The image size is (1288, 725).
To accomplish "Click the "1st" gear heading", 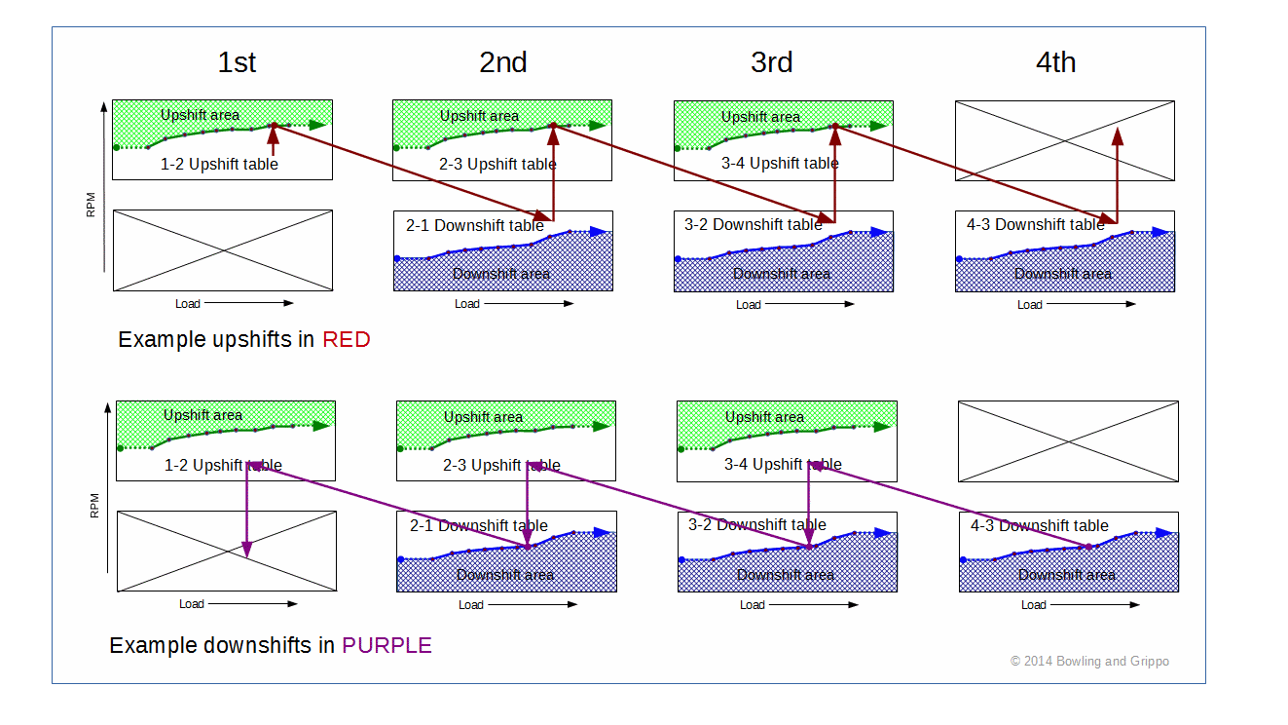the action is pos(237,62).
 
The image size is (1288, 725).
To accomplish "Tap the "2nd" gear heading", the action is pos(503,62).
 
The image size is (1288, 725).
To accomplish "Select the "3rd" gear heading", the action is pos(772,62).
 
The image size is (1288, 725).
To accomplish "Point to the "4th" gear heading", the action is pos(1055,62).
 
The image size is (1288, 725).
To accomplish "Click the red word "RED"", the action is pos(347,339).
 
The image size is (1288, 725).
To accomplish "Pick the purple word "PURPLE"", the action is pos(386,646).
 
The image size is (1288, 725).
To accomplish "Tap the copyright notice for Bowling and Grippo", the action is pos(1089,661).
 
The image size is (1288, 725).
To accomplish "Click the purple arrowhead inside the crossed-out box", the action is pos(247,549).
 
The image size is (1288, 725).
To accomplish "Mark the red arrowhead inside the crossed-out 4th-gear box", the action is pos(1118,136).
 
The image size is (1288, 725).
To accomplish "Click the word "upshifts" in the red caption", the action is pos(252,340).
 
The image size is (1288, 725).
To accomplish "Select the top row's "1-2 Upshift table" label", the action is pos(219,164).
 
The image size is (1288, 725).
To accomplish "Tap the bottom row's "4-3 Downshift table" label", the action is pos(1040,525).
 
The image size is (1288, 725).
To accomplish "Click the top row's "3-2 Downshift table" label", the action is pos(754,224).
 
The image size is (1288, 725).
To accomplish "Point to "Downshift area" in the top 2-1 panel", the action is pos(500,274).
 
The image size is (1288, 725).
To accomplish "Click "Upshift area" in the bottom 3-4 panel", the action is pos(764,417).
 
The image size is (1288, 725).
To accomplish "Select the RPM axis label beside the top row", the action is pos(91,205).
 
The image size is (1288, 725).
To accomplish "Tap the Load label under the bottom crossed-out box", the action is pos(192,603).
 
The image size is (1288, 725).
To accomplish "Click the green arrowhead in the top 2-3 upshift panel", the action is pos(598,125).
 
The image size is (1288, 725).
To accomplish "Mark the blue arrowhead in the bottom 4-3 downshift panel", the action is pos(1163,533).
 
